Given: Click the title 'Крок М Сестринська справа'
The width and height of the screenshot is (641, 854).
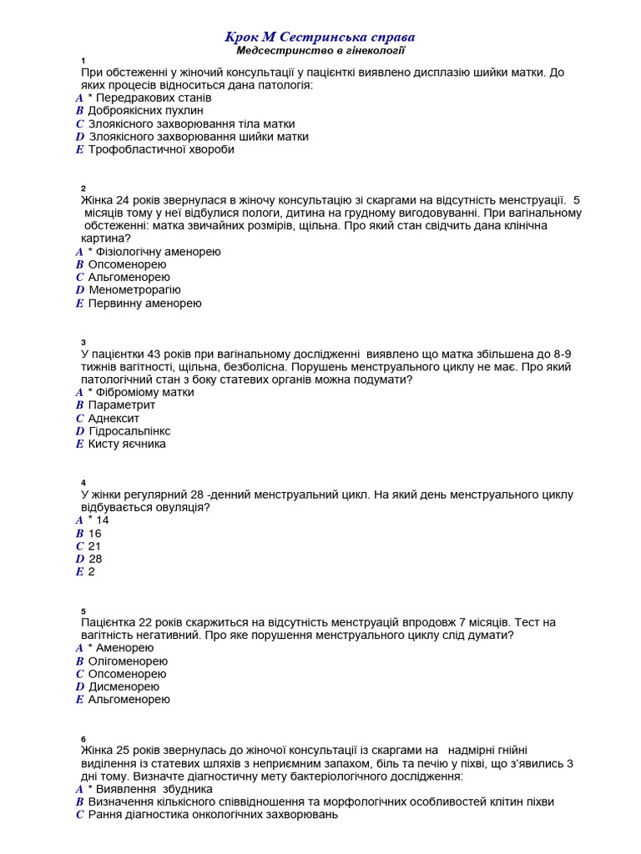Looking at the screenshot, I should click(320, 38).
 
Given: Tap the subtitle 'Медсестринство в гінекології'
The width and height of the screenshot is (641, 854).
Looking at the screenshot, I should click(320, 51).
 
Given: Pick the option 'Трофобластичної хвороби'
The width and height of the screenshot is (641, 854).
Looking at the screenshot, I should click(161, 149).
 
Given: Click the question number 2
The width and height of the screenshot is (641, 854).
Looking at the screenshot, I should click(83, 188).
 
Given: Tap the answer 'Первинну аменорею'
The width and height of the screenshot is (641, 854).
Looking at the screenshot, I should click(144, 303).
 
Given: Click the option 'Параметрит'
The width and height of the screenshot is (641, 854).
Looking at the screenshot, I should click(122, 404).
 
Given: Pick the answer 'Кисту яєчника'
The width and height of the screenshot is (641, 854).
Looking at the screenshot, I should click(127, 444).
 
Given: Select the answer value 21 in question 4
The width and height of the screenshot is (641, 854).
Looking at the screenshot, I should click(94, 546).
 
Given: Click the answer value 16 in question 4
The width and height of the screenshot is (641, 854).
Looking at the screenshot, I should click(94, 533).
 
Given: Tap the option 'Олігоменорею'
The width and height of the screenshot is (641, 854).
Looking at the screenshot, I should click(128, 661).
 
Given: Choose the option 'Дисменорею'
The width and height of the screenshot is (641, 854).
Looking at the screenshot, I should click(124, 686).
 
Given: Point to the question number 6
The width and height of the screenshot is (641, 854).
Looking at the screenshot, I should click(83, 739).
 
